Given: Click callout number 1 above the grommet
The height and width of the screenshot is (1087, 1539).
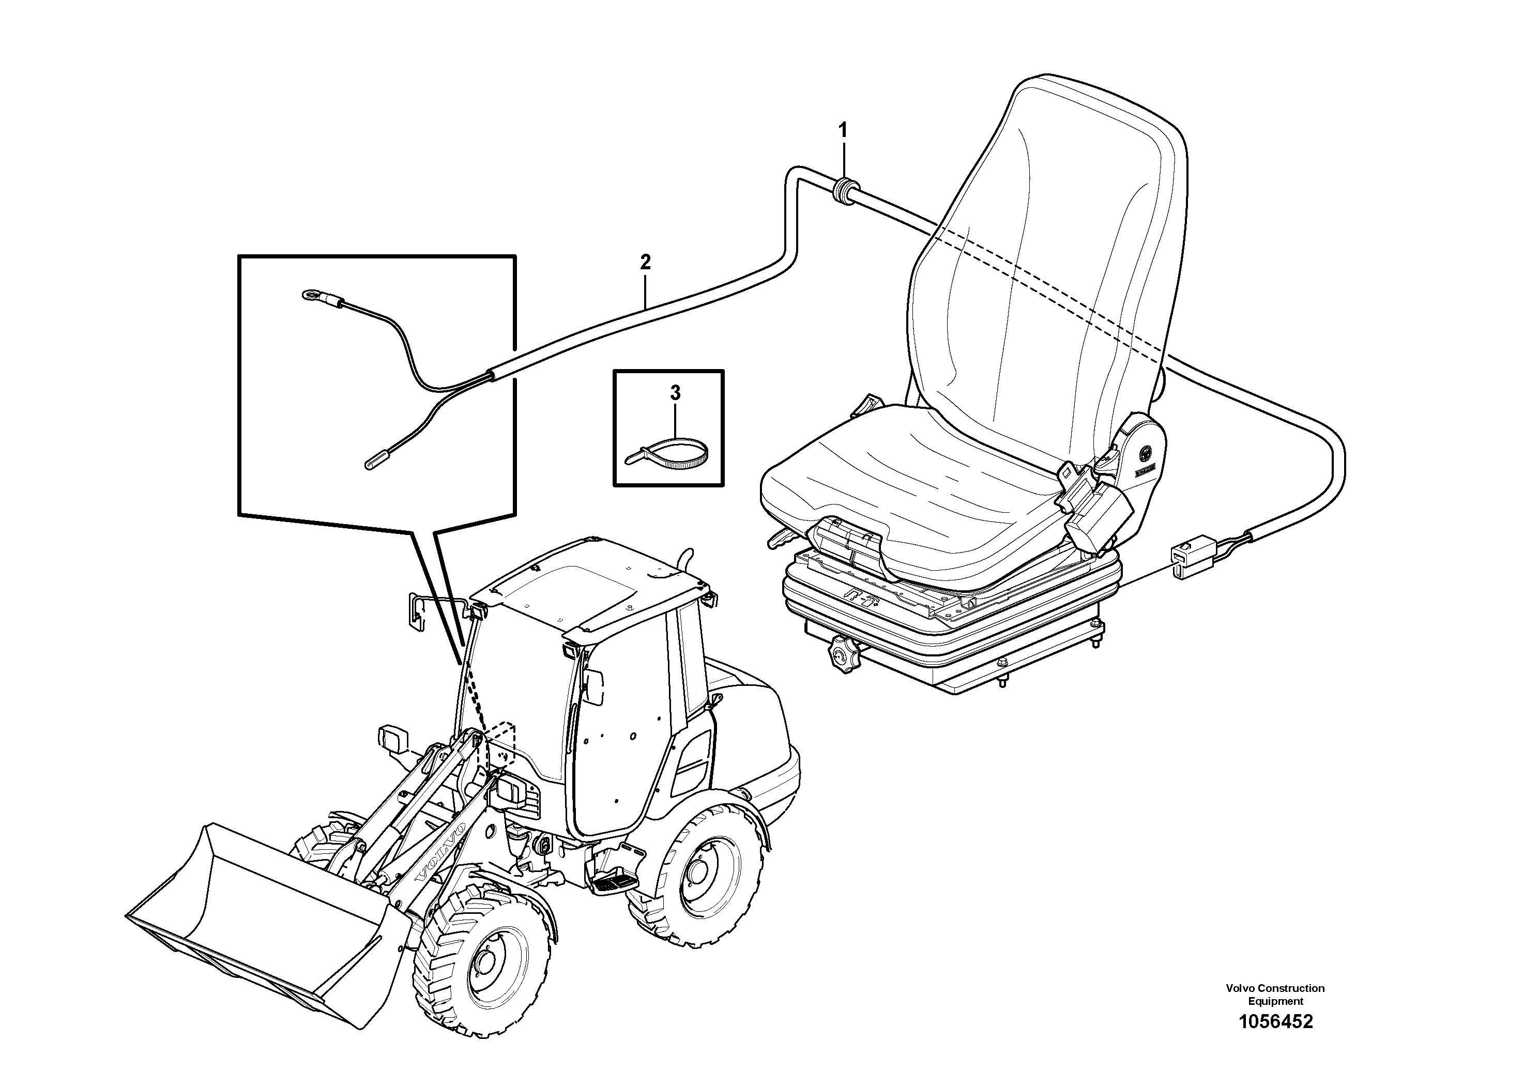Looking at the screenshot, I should [x=843, y=129].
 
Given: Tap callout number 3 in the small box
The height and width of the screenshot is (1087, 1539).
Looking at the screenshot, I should [x=675, y=393].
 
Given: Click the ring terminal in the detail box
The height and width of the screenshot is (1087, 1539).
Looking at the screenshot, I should [x=310, y=294].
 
